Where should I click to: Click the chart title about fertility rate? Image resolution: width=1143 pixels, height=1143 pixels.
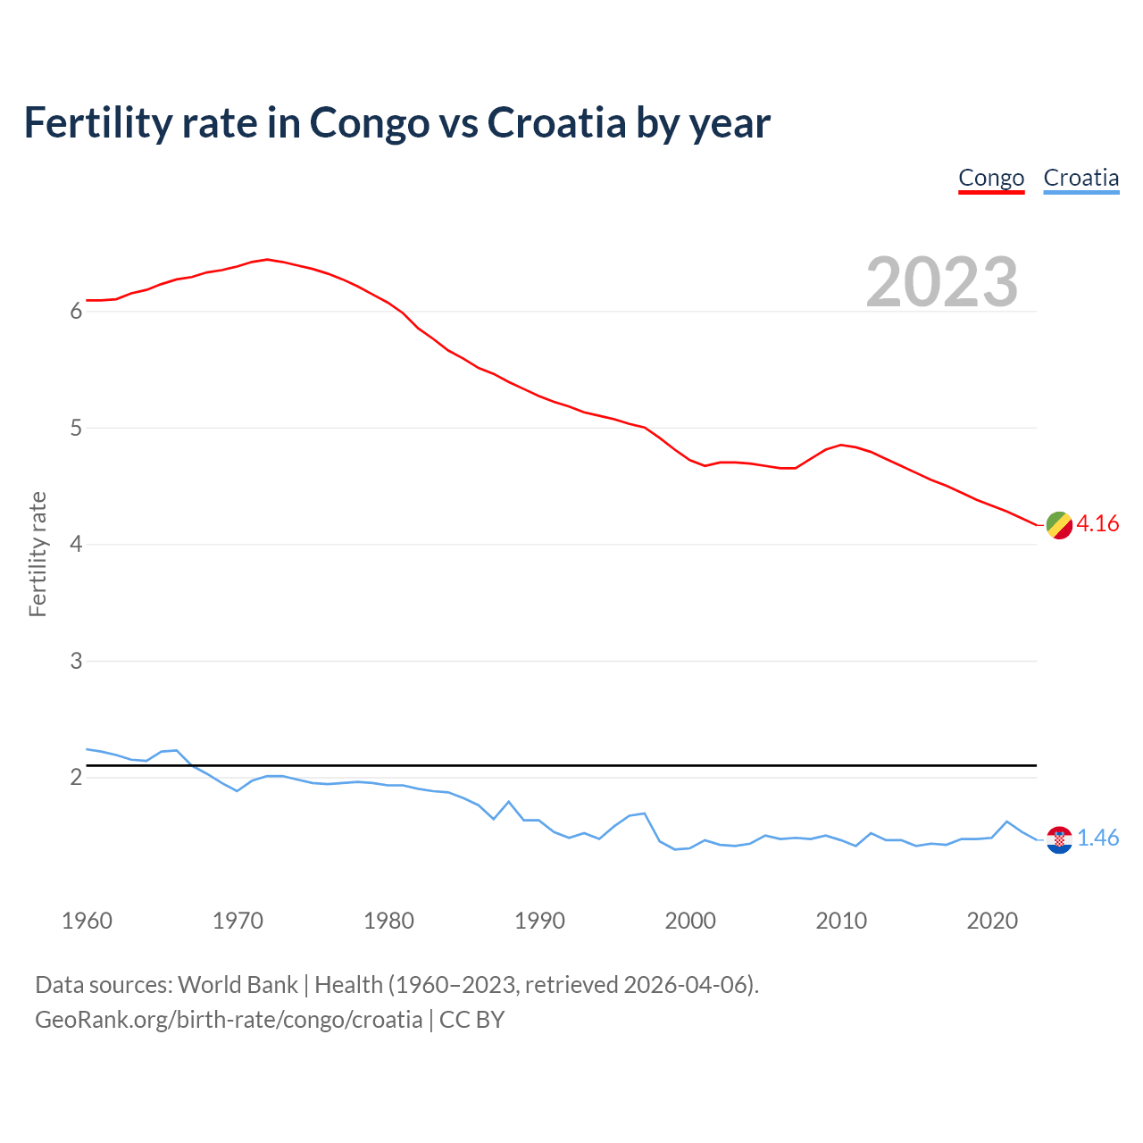(396, 123)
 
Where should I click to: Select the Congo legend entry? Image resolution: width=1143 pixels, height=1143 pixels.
(991, 178)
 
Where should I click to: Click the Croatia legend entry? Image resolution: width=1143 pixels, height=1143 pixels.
(1080, 178)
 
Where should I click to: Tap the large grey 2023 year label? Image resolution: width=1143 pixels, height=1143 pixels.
(942, 282)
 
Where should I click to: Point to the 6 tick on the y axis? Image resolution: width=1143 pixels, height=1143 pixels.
(76, 312)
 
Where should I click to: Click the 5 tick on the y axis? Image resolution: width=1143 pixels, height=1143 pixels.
(76, 428)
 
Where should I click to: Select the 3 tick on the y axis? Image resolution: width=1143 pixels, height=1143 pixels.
(76, 661)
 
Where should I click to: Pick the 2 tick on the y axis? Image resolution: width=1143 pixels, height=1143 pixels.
(76, 778)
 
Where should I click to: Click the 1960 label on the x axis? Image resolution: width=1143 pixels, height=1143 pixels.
(87, 921)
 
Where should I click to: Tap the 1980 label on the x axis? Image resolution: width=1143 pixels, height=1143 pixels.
(388, 921)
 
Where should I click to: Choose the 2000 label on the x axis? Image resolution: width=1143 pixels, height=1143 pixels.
(690, 921)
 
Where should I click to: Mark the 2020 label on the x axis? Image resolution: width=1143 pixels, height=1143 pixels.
(992, 921)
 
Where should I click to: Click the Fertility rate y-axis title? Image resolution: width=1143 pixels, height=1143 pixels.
(38, 554)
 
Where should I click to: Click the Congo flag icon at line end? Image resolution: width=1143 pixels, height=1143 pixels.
(1059, 525)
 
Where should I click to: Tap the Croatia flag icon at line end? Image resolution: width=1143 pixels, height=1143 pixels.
(1059, 839)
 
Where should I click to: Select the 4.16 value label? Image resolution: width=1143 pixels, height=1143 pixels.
(1097, 524)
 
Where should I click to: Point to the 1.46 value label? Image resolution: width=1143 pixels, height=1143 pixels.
(1097, 838)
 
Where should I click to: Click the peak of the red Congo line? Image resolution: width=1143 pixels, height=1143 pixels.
(267, 259)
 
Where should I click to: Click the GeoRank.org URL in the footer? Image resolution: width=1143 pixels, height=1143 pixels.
(229, 1020)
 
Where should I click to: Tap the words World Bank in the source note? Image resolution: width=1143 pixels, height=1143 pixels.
(238, 985)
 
